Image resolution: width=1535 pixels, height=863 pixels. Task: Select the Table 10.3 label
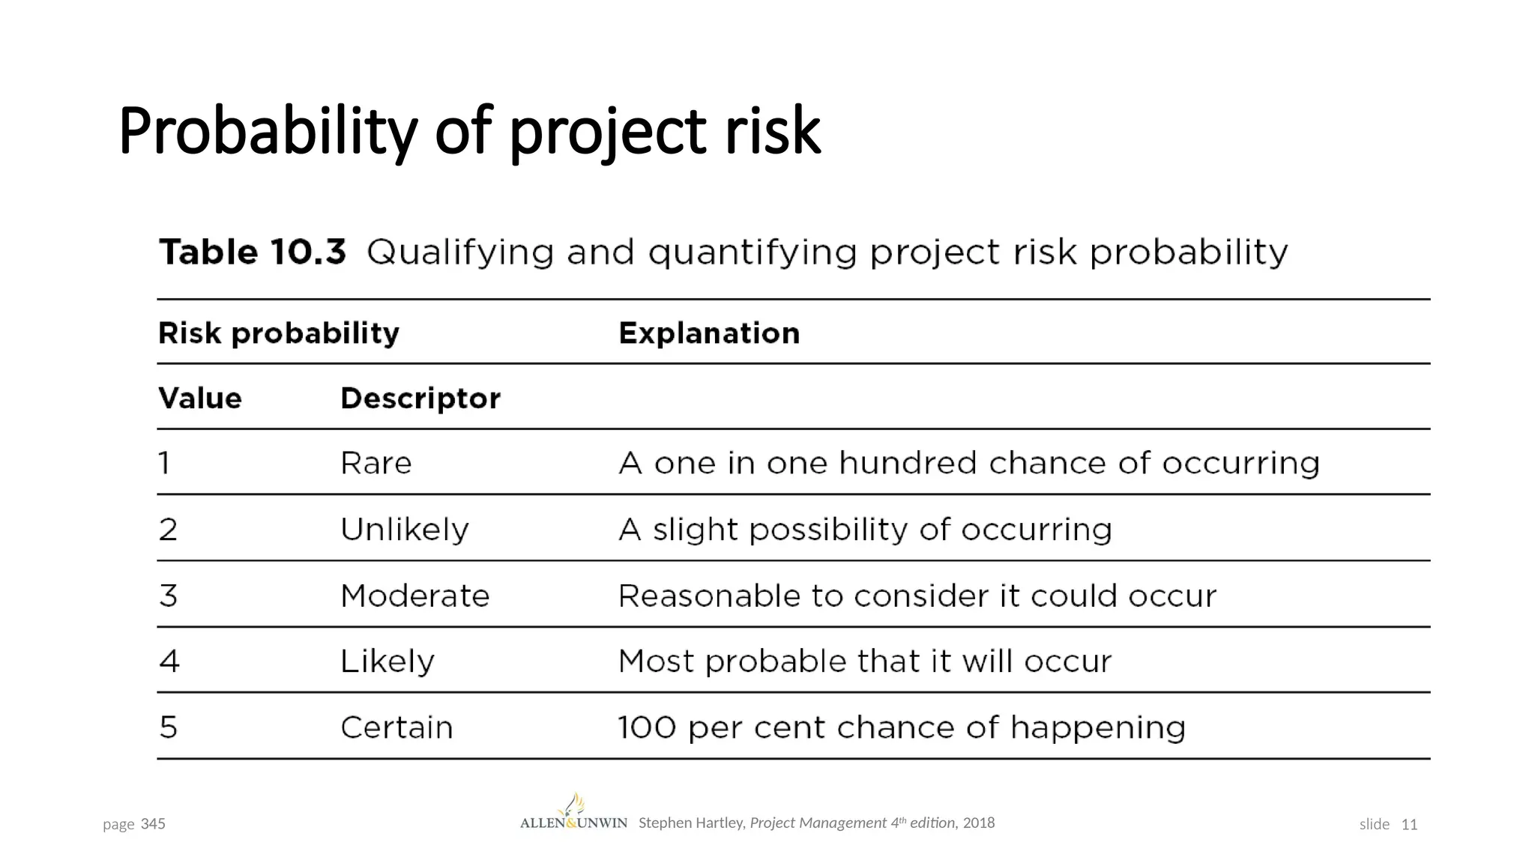point(252,252)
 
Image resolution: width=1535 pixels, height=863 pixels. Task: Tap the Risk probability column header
point(278,333)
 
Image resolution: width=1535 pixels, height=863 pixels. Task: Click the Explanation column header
point(709,333)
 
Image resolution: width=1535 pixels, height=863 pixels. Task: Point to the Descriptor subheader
point(420,399)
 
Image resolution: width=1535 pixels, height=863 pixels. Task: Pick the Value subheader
point(200,399)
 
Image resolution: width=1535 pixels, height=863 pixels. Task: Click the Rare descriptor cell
point(376,464)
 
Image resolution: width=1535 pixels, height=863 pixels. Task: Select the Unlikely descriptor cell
point(404,530)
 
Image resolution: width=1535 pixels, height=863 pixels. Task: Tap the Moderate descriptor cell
point(414,596)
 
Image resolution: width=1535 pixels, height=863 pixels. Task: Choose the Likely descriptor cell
point(387,662)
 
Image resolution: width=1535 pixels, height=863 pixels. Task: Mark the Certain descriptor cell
point(396,728)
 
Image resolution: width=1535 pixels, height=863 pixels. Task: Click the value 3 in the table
point(169,596)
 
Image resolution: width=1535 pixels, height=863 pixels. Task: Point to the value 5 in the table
point(169,728)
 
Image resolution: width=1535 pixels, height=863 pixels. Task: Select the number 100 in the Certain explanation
point(647,728)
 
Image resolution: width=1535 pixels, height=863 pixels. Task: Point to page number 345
point(153,824)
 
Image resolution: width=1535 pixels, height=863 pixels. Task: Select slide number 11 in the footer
point(1409,824)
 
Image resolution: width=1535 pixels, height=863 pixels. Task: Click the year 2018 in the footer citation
point(979,823)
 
